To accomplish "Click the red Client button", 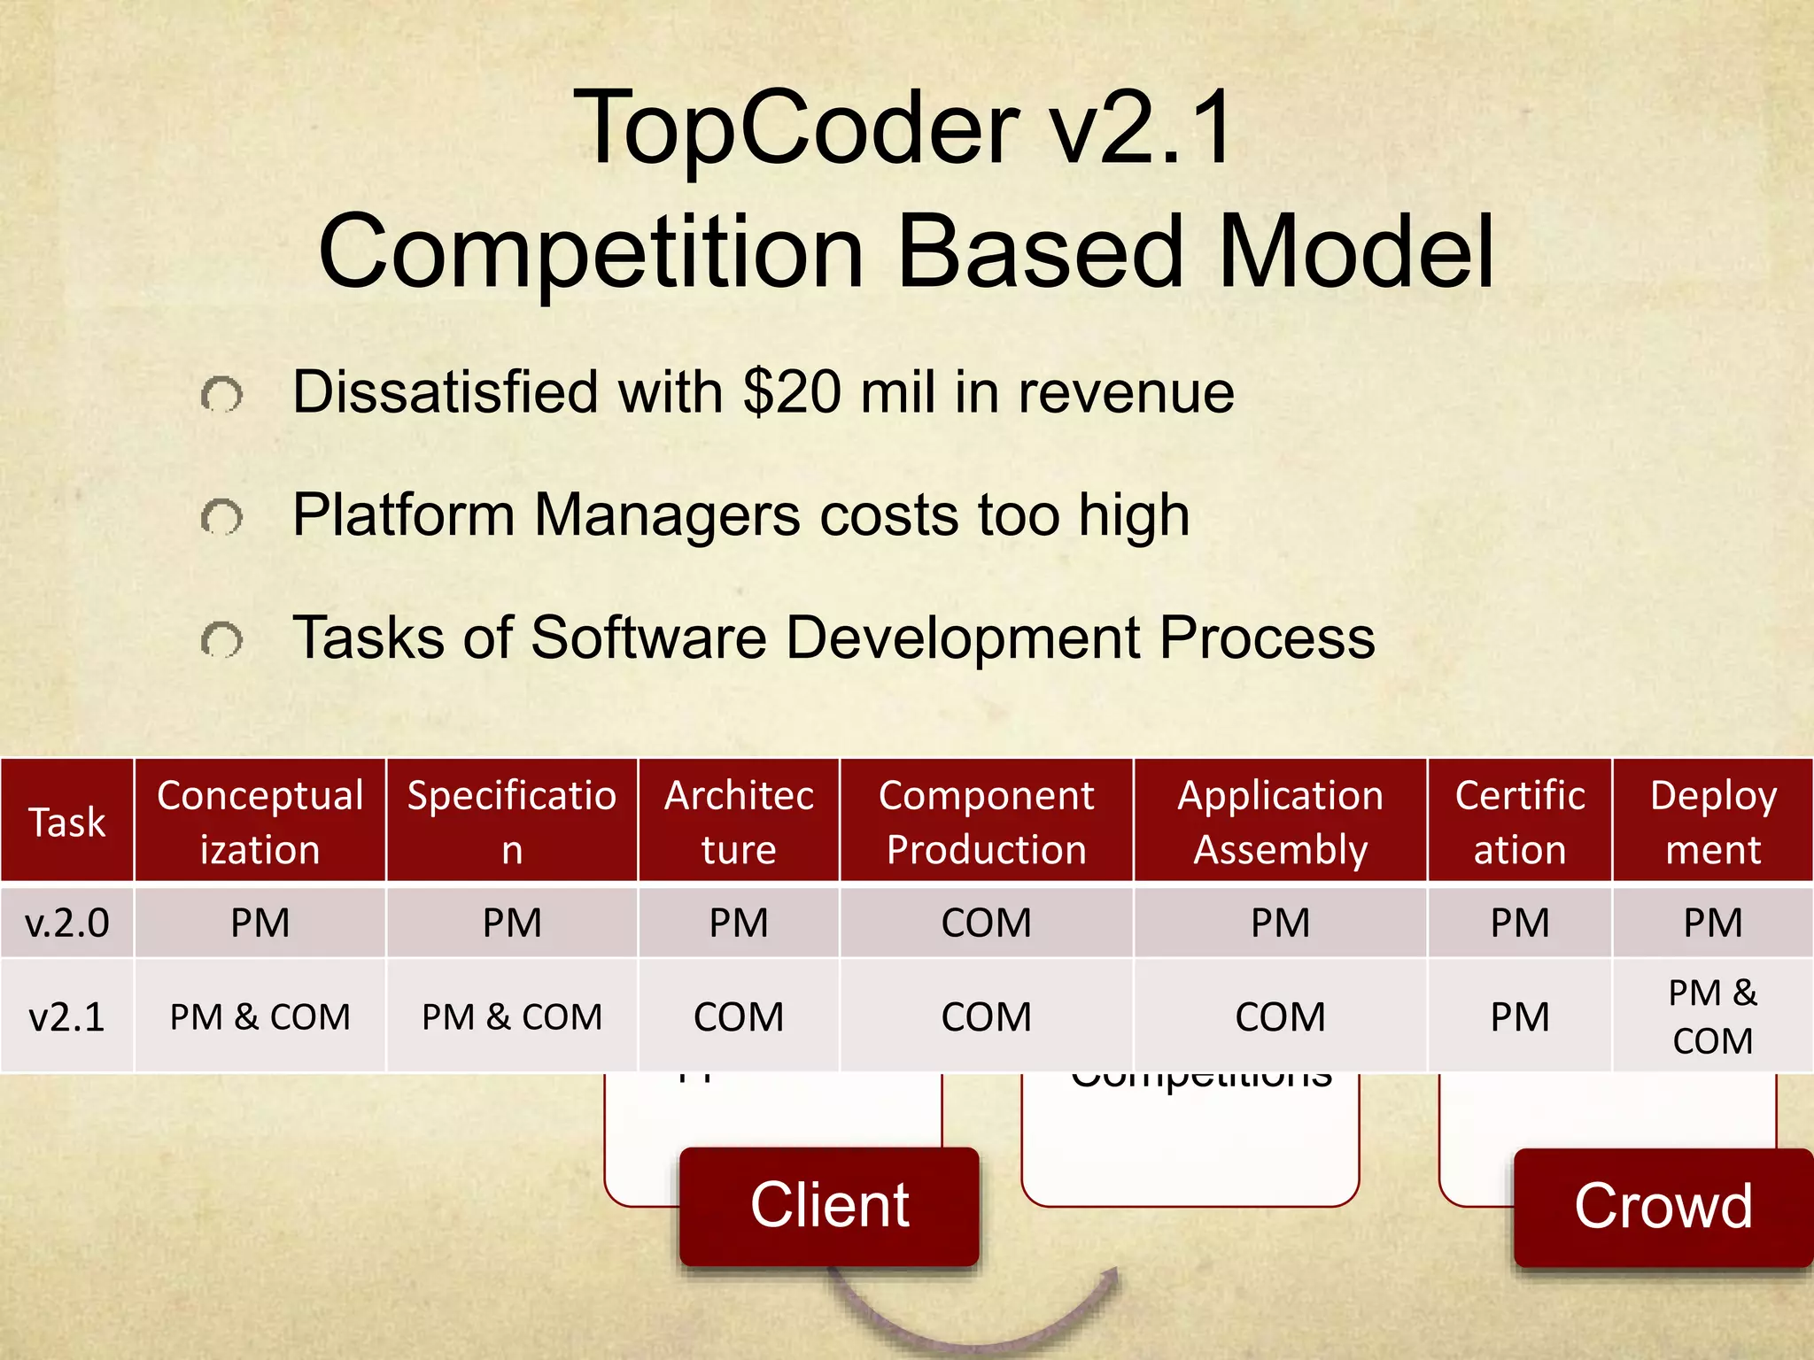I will click(x=829, y=1206).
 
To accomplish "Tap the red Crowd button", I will click(x=1663, y=1207).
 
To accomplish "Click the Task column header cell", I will click(x=67, y=822).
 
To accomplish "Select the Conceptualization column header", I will click(x=260, y=822).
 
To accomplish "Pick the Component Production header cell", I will click(x=986, y=822).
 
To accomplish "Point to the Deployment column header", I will click(x=1712, y=822).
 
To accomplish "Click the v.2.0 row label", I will click(x=67, y=923).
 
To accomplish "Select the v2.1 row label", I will click(x=67, y=1016).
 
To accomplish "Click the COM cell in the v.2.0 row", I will click(x=986, y=923).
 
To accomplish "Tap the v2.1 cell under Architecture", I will click(x=739, y=1016).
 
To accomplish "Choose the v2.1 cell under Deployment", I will click(x=1712, y=1016).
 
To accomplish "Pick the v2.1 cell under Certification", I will click(x=1519, y=1016).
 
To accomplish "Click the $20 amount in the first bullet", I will click(x=792, y=392).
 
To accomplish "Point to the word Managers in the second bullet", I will click(x=666, y=515).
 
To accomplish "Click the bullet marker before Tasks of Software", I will click(x=221, y=640).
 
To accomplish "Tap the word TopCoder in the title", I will click(x=796, y=128).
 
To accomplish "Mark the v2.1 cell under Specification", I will click(x=511, y=1016).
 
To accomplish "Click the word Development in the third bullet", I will click(x=963, y=637).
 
